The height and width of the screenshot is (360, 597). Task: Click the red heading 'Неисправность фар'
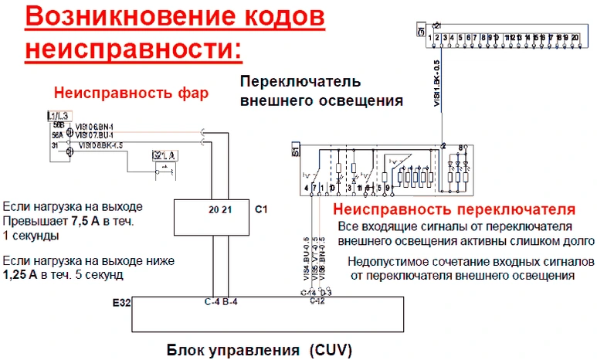coord(131,93)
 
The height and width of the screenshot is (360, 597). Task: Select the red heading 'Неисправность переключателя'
coord(453,209)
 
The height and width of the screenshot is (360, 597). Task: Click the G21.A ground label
coord(165,155)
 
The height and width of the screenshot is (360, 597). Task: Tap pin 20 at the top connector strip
coord(575,37)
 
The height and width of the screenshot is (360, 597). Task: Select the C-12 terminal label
coord(315,300)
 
